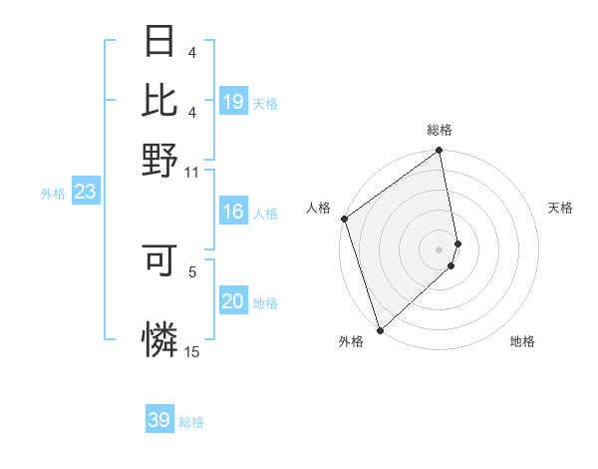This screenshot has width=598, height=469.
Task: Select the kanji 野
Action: tap(160, 159)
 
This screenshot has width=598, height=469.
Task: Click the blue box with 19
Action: tap(233, 102)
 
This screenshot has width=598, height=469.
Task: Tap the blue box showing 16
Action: tap(233, 212)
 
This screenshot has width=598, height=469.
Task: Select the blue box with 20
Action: tap(233, 302)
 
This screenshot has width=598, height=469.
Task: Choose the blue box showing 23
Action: tap(85, 192)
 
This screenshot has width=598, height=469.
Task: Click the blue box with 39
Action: tap(159, 420)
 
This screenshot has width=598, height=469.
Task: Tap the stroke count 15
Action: tap(191, 351)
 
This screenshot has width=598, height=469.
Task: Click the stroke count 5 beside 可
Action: tap(192, 270)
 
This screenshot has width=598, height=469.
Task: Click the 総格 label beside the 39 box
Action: tap(191, 422)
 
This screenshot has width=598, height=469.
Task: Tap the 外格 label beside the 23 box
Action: tap(52, 194)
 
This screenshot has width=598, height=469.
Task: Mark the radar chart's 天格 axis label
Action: tap(560, 208)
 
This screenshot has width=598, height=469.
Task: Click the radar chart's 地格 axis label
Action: tap(522, 341)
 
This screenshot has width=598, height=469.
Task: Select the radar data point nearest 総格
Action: tap(440, 152)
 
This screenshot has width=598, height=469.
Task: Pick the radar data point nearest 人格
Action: tap(344, 219)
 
